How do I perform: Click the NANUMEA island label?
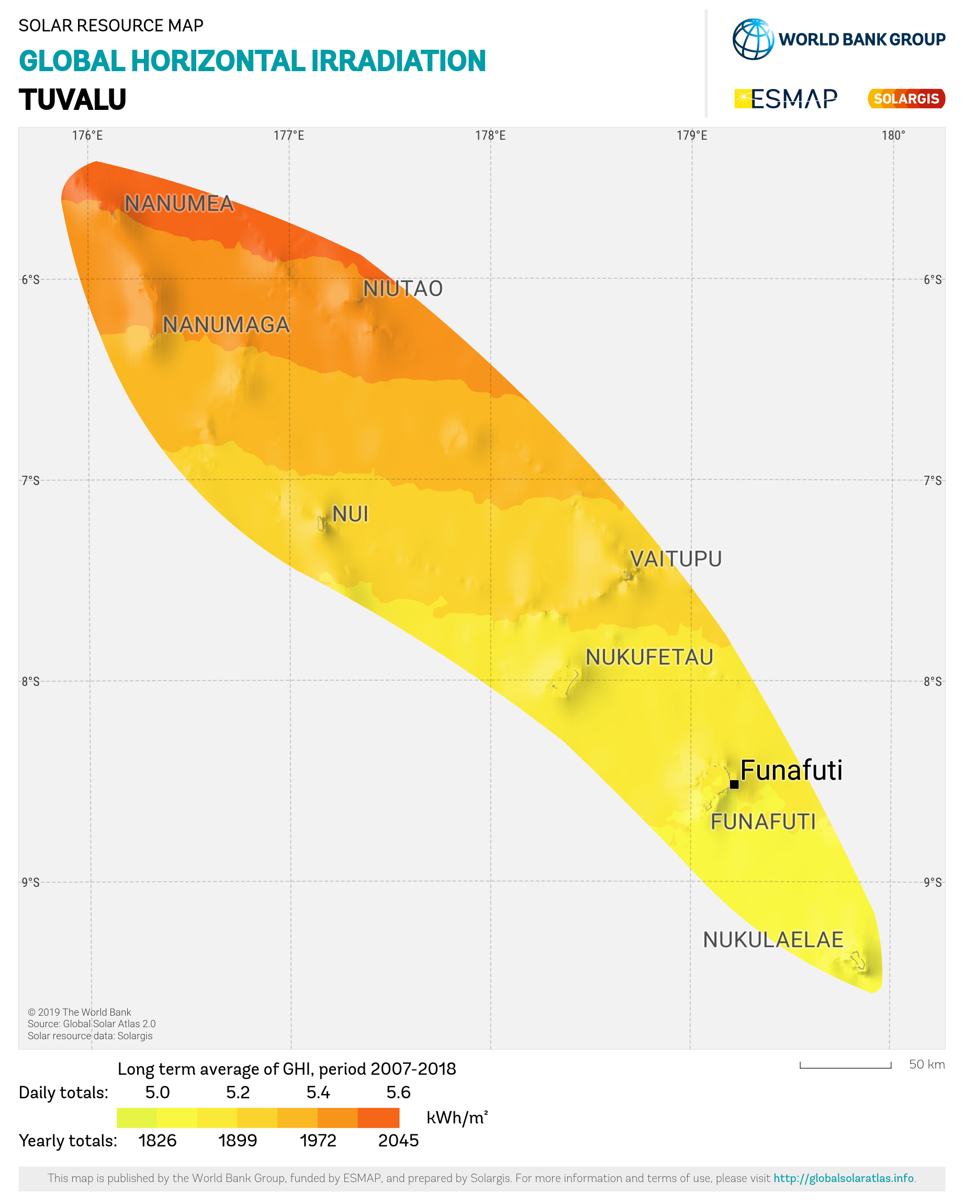pyautogui.click(x=179, y=204)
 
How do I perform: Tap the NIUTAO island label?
pyautogui.click(x=402, y=289)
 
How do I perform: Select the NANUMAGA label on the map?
pyautogui.click(x=226, y=325)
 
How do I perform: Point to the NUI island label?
pyautogui.click(x=350, y=514)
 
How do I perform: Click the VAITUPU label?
pyautogui.click(x=676, y=559)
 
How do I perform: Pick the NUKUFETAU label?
pyautogui.click(x=649, y=657)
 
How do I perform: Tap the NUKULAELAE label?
pyautogui.click(x=772, y=940)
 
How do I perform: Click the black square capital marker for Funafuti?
pyautogui.click(x=734, y=784)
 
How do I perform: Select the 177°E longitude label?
pyautogui.click(x=289, y=136)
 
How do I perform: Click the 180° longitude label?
pyautogui.click(x=893, y=136)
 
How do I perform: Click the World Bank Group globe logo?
pyautogui.click(x=753, y=39)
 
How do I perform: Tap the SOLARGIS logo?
pyautogui.click(x=906, y=99)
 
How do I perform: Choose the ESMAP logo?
pyautogui.click(x=786, y=99)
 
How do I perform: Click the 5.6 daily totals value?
pyautogui.click(x=398, y=1093)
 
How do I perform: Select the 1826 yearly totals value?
pyautogui.click(x=158, y=1140)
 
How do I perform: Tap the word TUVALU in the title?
pyautogui.click(x=73, y=100)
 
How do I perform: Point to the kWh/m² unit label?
pyautogui.click(x=457, y=1118)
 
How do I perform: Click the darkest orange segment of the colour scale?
pyautogui.click(x=378, y=1118)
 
